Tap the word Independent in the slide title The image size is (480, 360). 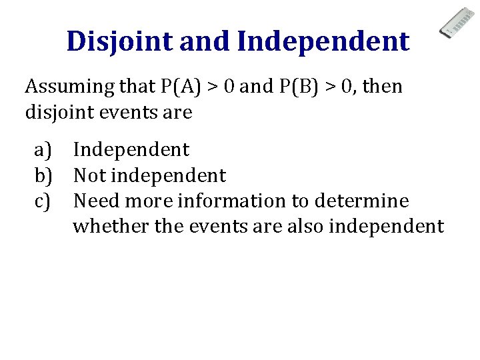click(323, 41)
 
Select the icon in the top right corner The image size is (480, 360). click(456, 23)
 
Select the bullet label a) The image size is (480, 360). click(43, 150)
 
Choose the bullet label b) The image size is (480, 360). click(44, 176)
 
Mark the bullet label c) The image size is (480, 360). click(43, 201)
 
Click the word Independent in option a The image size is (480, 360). click(131, 150)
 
